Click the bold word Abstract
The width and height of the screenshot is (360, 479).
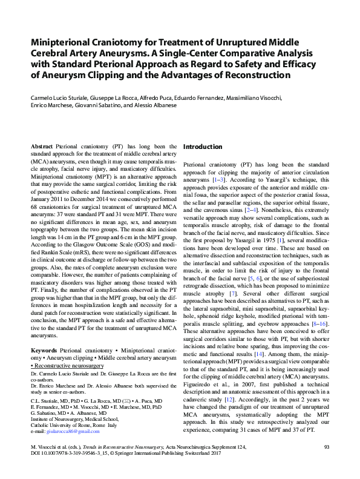[x=41, y=147]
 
